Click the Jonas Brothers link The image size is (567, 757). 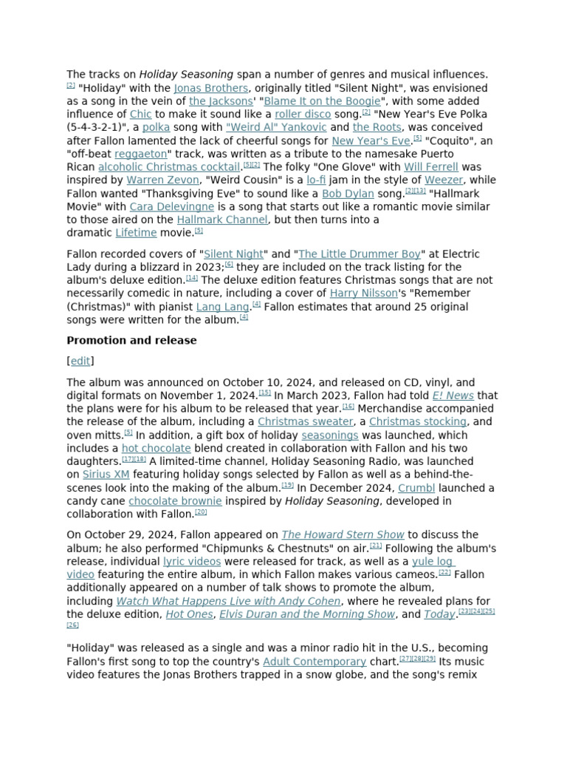[x=210, y=88]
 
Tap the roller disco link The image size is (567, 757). [x=303, y=115]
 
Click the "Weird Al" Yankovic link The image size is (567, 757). [x=266, y=127]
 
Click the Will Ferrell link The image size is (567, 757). [x=431, y=167]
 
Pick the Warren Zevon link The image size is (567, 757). [x=162, y=180]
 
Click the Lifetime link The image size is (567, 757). [x=136, y=233]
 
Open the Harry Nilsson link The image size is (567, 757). [x=363, y=293]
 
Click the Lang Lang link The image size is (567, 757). [x=223, y=307]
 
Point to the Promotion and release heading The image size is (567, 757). [x=131, y=340]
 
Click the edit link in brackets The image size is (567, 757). [x=80, y=361]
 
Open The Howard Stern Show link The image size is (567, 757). [x=343, y=534]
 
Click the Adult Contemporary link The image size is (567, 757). [x=315, y=662]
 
